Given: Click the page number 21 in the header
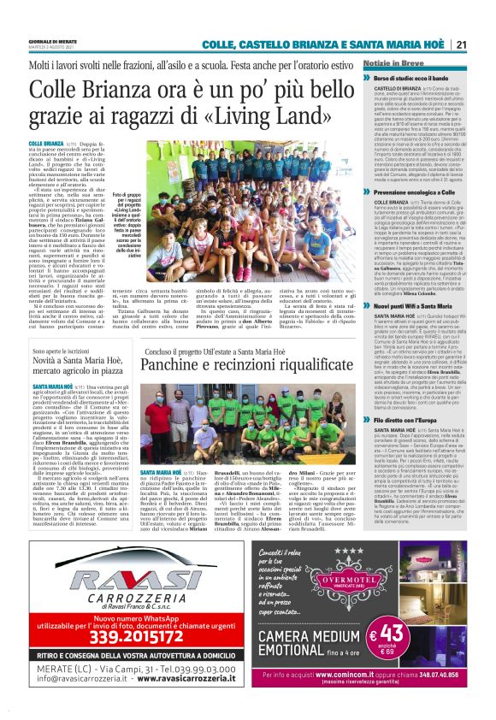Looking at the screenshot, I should click(x=460, y=44).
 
